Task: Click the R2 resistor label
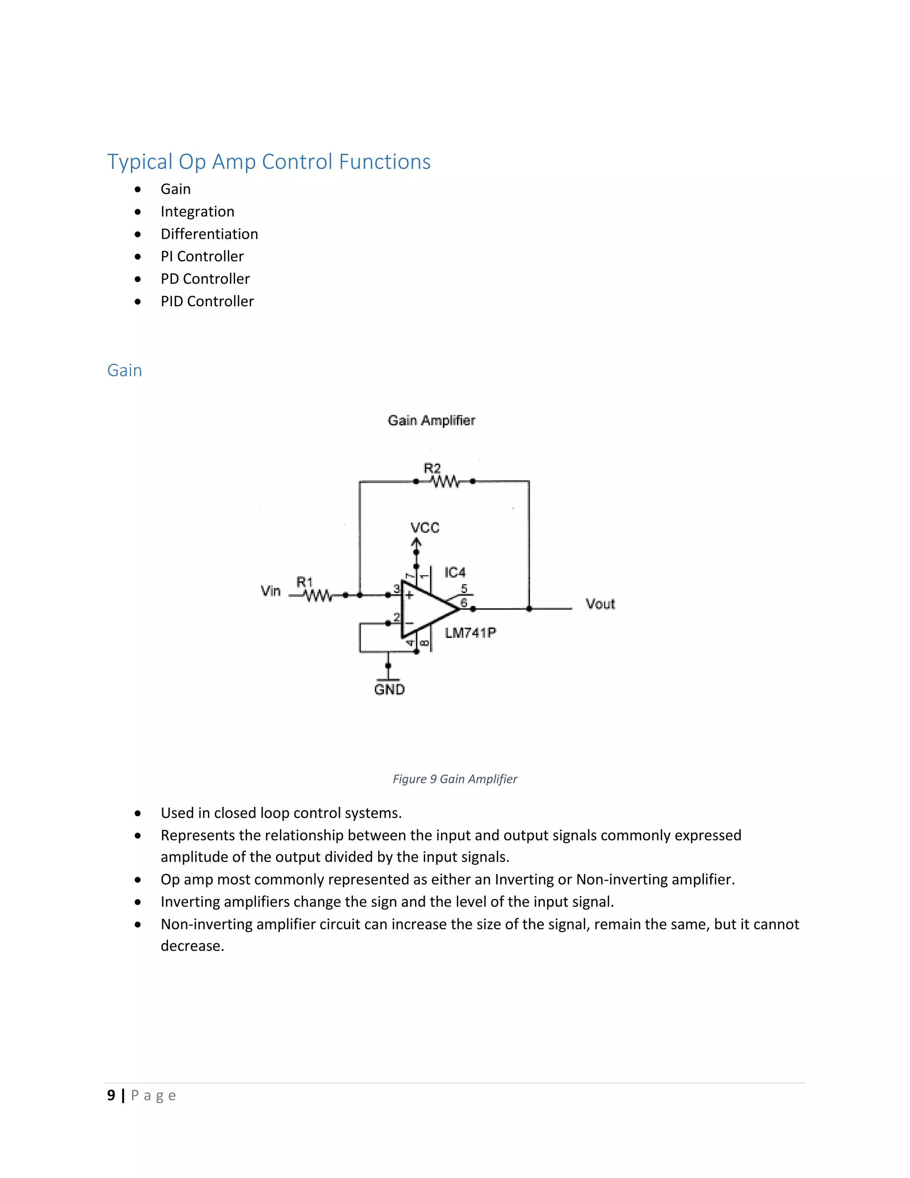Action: pos(432,468)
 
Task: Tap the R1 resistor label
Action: pos(304,582)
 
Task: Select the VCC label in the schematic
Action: pos(425,528)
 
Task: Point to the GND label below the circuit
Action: pos(389,689)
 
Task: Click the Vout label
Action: pos(600,604)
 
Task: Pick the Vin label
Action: pos(271,591)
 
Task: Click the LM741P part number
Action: pos(470,633)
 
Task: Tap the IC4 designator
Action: pos(455,572)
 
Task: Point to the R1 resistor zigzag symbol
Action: pos(318,596)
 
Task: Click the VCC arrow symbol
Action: pos(416,546)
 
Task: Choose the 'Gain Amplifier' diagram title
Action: pos(431,421)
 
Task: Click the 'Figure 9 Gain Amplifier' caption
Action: pos(455,779)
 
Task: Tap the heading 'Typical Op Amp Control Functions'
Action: pos(268,162)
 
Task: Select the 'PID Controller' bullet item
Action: pos(207,301)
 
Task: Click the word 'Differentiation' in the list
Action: pos(209,234)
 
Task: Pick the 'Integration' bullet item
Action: pos(197,212)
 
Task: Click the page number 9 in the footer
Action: pos(111,1095)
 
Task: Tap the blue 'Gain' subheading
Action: pos(124,371)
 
